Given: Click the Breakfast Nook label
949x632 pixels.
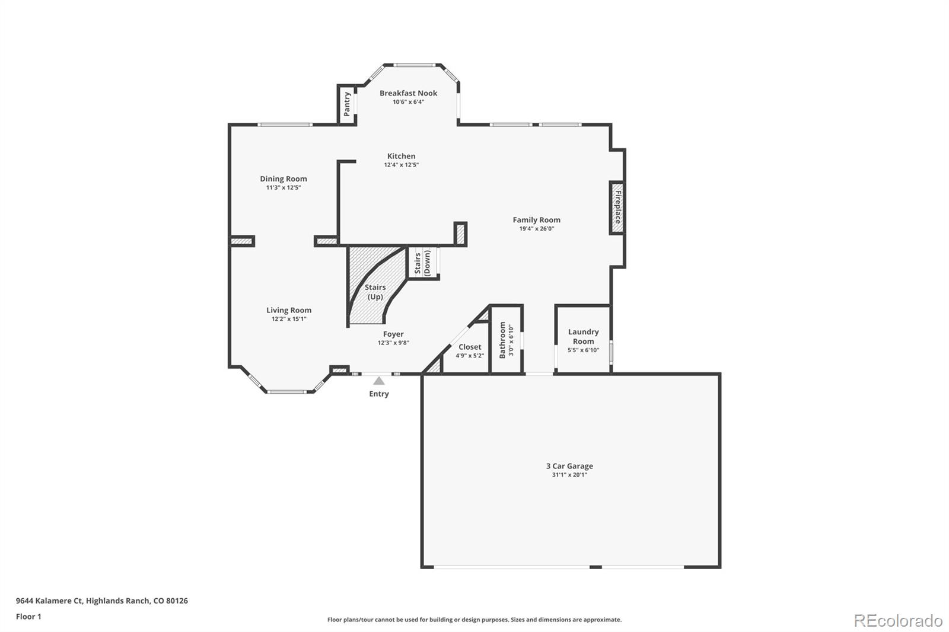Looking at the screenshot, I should (x=408, y=93).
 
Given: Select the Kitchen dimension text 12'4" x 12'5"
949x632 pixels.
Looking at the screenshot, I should (x=401, y=165).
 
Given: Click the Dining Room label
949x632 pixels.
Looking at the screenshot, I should (x=284, y=178).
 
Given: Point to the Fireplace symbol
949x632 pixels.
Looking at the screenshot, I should (x=617, y=207).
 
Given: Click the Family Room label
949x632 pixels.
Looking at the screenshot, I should (x=536, y=220).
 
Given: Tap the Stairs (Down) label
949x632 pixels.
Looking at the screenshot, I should (x=422, y=263).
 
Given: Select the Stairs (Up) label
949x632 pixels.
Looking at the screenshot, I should (x=375, y=292).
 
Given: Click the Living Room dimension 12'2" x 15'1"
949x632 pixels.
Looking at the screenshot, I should (x=289, y=319).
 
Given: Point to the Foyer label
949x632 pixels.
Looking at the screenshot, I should (x=393, y=334).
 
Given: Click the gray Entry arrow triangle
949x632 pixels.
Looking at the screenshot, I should (x=378, y=381).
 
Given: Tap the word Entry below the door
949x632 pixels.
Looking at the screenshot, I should (x=378, y=394).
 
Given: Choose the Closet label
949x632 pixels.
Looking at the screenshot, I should (x=470, y=347).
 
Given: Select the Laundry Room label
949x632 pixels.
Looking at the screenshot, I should (x=583, y=336).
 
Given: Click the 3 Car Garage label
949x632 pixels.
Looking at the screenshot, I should (x=569, y=466).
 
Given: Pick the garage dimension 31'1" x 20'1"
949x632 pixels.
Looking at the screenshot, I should (x=569, y=475).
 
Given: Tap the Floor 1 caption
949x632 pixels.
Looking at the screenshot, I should (x=28, y=617).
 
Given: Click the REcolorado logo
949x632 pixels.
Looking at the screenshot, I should (x=897, y=621).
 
